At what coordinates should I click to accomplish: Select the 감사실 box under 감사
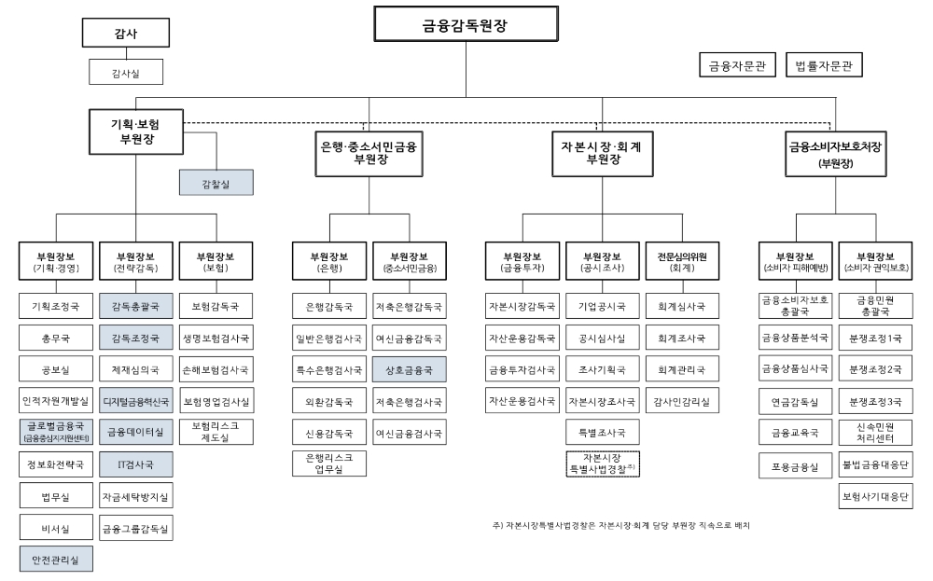tap(126, 71)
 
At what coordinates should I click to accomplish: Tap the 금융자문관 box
tap(737, 65)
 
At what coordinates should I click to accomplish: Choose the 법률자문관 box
tap(824, 65)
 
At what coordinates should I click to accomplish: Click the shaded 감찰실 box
tap(216, 184)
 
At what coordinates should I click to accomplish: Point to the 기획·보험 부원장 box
tap(136, 131)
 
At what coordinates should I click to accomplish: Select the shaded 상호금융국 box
tap(409, 369)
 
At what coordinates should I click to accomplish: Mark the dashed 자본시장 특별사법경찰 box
tap(603, 463)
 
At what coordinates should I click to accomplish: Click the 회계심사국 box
tap(682, 305)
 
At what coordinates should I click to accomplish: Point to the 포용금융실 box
tap(795, 465)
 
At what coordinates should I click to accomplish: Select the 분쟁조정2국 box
tap(875, 368)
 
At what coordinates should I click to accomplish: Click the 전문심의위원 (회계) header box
tap(682, 261)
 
